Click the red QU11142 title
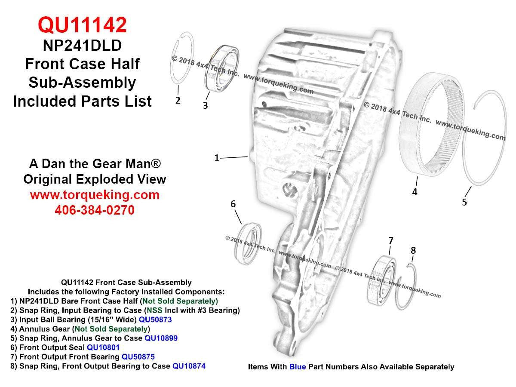[x=82, y=25]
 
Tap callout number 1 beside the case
[x=217, y=158]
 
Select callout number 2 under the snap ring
[x=178, y=101]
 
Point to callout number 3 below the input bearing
[x=206, y=105]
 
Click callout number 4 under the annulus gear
[x=415, y=192]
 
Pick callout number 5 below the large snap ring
[x=464, y=202]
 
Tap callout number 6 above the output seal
[x=233, y=204]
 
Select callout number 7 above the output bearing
[x=390, y=240]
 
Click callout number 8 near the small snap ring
[x=413, y=250]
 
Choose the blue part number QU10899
[x=161, y=338]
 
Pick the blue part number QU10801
[x=103, y=347]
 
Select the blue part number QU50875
[x=138, y=357]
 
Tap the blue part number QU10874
[x=189, y=366]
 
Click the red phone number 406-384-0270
[x=95, y=210]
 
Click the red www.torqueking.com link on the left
[x=95, y=195]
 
